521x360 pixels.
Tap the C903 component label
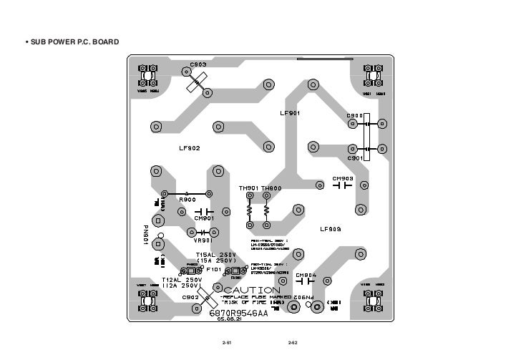tap(198, 64)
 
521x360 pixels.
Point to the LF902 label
tap(190, 148)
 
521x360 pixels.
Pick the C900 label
tap(356, 115)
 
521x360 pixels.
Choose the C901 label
tap(356, 158)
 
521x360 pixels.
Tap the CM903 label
tap(343, 178)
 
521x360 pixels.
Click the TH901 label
tap(248, 188)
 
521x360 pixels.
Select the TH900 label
tap(271, 188)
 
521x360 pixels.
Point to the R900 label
tap(187, 200)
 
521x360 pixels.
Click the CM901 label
tap(204, 218)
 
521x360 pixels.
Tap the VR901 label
tap(204, 240)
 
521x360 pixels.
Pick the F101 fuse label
tap(214, 271)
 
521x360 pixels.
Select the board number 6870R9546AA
tap(238, 313)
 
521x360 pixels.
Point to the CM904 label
tap(306, 275)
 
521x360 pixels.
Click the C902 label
tap(190, 297)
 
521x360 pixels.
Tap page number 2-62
tap(292, 344)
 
